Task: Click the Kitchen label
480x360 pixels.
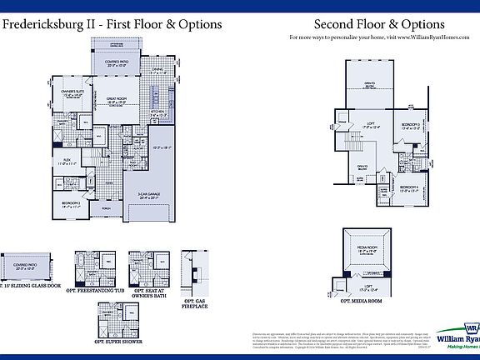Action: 158,112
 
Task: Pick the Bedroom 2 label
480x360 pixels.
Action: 70,203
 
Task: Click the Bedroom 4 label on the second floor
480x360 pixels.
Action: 408,188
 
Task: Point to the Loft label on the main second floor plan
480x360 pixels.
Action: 373,126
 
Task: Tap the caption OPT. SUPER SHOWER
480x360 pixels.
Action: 117,342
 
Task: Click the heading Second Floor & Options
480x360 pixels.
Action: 379,26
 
